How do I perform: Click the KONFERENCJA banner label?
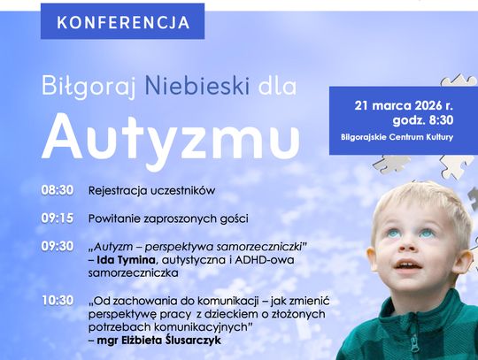(122, 22)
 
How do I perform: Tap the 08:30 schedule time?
(57, 190)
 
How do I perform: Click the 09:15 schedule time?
(57, 218)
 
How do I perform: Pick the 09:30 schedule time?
(57, 245)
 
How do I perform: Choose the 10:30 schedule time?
(57, 301)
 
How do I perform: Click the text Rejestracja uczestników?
(151, 190)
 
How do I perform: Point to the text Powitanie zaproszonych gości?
(168, 218)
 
